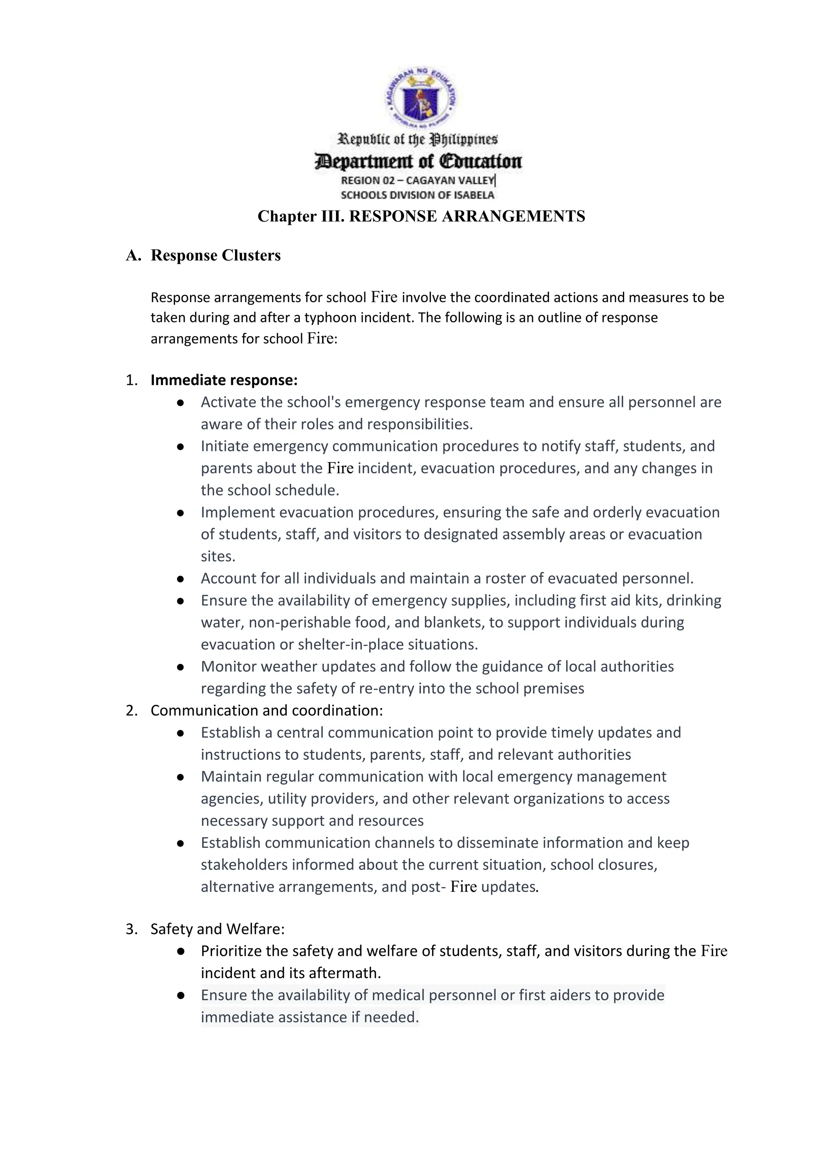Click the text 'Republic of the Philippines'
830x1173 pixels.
[x=417, y=139]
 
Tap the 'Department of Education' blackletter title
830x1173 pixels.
[x=418, y=162]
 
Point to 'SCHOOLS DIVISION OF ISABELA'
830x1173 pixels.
[x=417, y=195]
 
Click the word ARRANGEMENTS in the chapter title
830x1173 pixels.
[x=513, y=217]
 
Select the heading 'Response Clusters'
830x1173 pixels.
[x=215, y=256]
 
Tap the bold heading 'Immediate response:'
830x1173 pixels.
[x=224, y=380]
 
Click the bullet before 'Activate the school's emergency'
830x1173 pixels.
[x=180, y=403]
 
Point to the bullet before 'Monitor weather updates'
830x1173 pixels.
[x=180, y=667]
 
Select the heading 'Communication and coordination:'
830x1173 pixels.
[x=266, y=711]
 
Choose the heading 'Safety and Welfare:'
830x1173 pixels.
[x=217, y=929]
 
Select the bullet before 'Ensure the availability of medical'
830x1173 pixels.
[x=180, y=995]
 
